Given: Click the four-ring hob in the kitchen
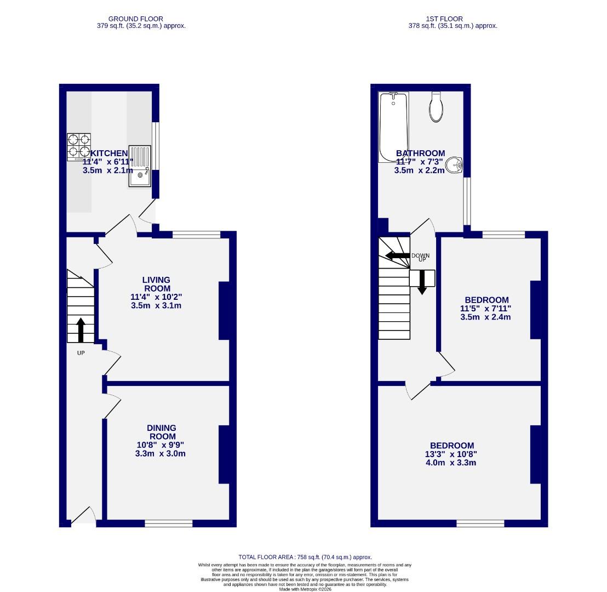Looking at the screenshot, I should pyautogui.click(x=79, y=147).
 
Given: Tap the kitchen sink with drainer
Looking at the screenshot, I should pyautogui.click(x=139, y=165).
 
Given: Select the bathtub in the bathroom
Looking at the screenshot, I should pyautogui.click(x=393, y=127).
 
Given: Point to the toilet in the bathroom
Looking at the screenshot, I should pyautogui.click(x=437, y=107).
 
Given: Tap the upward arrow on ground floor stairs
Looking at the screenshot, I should pyautogui.click(x=81, y=329).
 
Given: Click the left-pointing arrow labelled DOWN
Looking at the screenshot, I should pyautogui.click(x=398, y=255).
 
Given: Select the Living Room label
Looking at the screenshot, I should pyautogui.click(x=156, y=284).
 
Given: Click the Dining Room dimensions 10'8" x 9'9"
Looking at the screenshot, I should pyautogui.click(x=161, y=445).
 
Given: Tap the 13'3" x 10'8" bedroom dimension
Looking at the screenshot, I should pyautogui.click(x=451, y=454).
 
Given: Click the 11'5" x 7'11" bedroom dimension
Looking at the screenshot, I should pyautogui.click(x=486, y=308).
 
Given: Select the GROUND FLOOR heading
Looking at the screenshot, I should pyautogui.click(x=135, y=19).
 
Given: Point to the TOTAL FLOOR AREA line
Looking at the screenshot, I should pyautogui.click(x=305, y=557).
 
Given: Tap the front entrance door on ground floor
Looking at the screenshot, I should pyautogui.click(x=83, y=517).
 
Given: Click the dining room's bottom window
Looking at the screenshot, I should pyautogui.click(x=169, y=523).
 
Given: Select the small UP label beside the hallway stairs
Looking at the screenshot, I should pyautogui.click(x=81, y=353).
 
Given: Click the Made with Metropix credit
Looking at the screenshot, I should pyautogui.click(x=305, y=589).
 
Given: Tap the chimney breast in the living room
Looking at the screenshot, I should pyautogui.click(x=224, y=311).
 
